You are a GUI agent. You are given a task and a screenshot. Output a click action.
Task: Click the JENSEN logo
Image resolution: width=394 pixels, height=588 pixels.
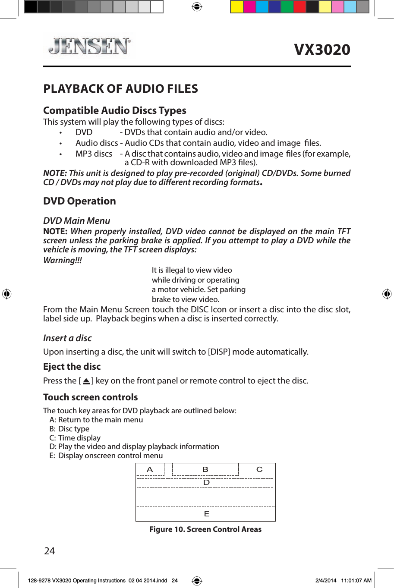point(89,46)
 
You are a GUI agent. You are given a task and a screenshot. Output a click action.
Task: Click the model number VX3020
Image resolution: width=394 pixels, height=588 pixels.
point(322,50)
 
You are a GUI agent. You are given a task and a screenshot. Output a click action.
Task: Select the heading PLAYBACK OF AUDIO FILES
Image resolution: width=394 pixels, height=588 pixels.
point(120,89)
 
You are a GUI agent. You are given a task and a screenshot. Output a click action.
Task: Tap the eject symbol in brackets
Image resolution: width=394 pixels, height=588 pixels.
point(86,381)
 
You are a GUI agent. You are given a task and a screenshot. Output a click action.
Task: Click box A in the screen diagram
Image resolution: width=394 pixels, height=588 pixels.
point(150,469)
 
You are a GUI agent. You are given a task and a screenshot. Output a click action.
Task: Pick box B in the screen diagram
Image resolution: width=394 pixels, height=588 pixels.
point(205,469)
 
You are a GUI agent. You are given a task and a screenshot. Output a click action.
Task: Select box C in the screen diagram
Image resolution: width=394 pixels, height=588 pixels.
point(259,469)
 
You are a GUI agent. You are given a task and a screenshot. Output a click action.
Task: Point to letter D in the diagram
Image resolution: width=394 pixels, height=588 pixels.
point(206,482)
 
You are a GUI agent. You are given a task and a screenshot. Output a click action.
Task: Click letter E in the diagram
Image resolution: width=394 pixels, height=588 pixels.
point(206,514)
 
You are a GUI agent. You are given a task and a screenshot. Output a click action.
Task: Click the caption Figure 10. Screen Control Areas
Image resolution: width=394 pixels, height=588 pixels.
point(205,529)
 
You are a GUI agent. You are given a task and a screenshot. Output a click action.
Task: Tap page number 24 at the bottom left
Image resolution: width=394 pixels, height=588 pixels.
point(50,551)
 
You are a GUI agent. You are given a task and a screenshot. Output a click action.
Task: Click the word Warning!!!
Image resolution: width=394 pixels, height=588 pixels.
point(63,260)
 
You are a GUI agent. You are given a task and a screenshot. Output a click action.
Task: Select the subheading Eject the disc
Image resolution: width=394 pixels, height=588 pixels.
point(72,367)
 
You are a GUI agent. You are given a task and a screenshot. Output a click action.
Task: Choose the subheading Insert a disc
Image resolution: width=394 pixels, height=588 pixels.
point(67,338)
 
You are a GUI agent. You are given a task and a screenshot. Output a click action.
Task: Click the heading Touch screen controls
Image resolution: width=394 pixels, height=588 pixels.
point(90,397)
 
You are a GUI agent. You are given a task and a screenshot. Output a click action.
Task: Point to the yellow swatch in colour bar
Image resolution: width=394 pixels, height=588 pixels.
point(237,7)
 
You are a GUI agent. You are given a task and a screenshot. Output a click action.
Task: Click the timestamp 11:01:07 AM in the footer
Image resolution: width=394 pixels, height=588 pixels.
point(356,581)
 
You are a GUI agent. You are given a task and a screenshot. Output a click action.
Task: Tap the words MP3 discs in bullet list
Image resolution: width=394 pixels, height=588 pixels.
point(94,154)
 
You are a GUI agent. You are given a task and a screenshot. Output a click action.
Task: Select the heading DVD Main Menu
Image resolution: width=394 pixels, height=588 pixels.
point(76,221)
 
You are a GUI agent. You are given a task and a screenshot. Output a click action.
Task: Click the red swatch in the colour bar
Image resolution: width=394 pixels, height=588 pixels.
point(299,7)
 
